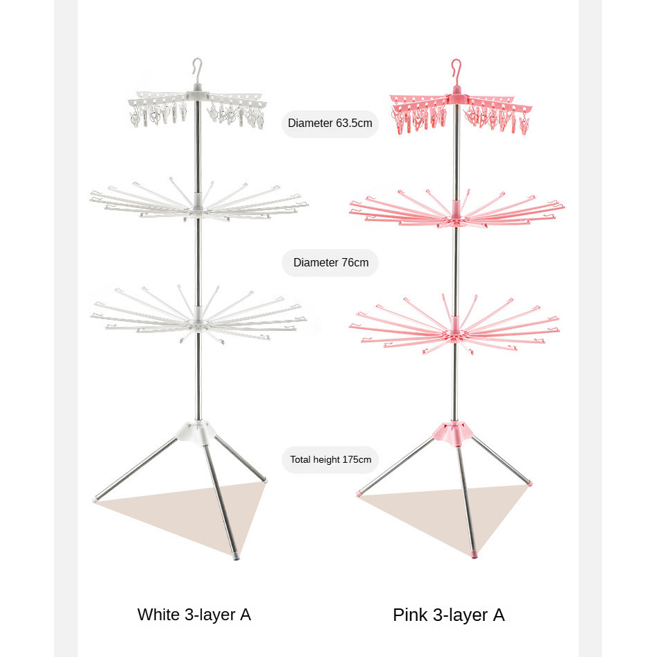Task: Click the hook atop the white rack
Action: click(x=198, y=69)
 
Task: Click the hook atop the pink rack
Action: click(x=457, y=69)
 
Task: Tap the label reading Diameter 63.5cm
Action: click(x=330, y=123)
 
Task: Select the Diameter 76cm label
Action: click(x=331, y=263)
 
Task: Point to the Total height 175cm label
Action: click(x=331, y=459)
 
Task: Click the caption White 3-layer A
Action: click(x=194, y=614)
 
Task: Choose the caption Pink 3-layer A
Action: click(x=449, y=615)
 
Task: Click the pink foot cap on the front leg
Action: click(x=475, y=556)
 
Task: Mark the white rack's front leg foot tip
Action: click(x=237, y=556)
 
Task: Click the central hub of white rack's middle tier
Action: click(x=198, y=203)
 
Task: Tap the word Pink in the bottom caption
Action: click(x=409, y=615)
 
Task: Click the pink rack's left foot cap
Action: click(x=359, y=494)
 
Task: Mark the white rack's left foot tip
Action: click(x=95, y=499)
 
